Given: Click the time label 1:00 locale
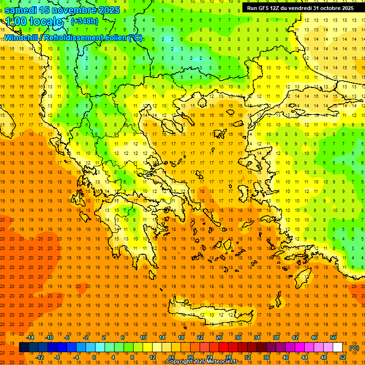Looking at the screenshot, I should click(x=34, y=21).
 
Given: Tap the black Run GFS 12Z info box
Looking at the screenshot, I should click(x=300, y=8).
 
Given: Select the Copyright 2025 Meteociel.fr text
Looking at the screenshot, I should click(x=202, y=362).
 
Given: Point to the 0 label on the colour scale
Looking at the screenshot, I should click(x=94, y=357).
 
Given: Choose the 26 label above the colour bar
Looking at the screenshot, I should click(x=219, y=337).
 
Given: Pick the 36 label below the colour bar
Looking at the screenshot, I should click(x=266, y=357).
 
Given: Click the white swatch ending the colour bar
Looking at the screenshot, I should click(x=337, y=347).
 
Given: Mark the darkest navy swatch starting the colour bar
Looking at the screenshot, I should click(x=24, y=347).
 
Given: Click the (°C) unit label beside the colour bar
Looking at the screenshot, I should click(x=354, y=348).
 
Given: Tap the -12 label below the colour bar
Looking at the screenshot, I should click(x=39, y=357).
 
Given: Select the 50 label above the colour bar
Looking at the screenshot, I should click(x=333, y=337).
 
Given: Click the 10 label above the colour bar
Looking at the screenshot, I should click(x=143, y=337).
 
